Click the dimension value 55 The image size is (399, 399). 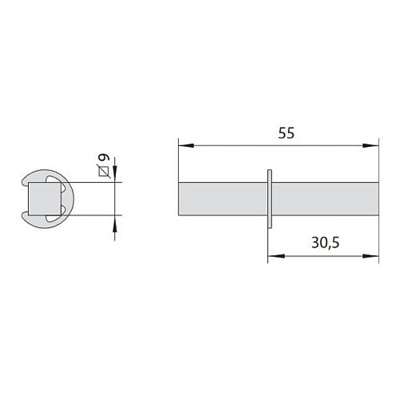(x=286, y=133)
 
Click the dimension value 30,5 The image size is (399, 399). (x=326, y=243)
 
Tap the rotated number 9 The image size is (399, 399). (x=104, y=157)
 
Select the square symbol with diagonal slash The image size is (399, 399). (x=104, y=172)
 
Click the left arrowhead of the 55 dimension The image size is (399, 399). (x=186, y=145)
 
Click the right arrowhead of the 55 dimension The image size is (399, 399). (x=370, y=145)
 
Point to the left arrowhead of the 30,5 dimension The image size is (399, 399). (x=276, y=256)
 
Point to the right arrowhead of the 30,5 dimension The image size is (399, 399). (x=370, y=256)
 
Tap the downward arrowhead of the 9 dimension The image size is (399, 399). (x=115, y=174)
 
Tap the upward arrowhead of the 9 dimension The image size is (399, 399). (x=115, y=223)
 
